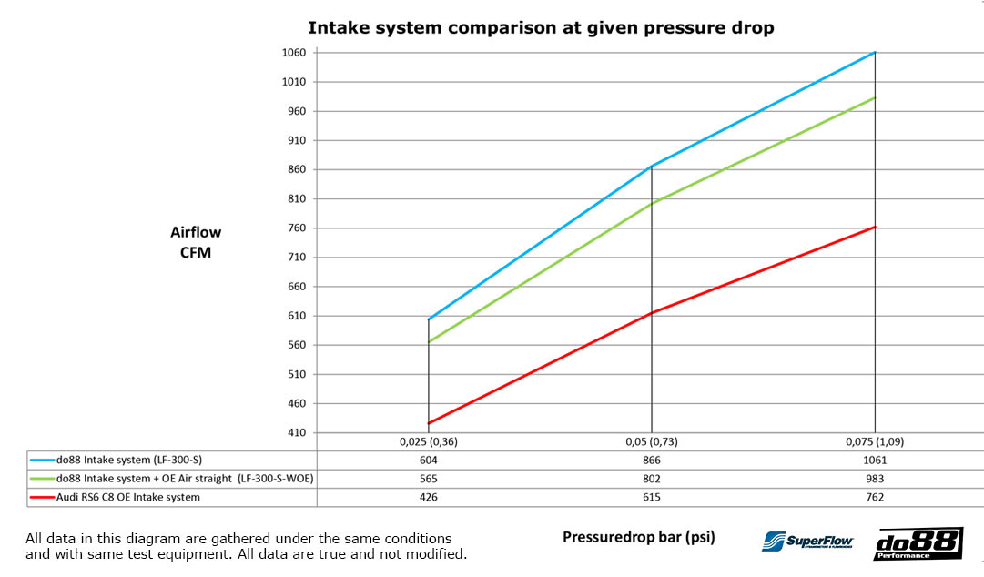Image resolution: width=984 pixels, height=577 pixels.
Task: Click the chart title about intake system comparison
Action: point(541,27)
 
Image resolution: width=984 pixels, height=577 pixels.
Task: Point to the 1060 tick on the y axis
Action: point(294,53)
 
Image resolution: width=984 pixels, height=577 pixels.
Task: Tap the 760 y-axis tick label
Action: point(297,228)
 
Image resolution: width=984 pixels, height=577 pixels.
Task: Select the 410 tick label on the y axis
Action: point(297,432)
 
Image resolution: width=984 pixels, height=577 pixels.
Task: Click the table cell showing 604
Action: point(428,460)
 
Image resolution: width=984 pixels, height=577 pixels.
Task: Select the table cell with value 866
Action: point(651,460)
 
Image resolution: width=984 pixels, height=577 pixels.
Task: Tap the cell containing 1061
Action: point(875,460)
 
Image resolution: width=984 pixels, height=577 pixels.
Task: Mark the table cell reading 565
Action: point(428,479)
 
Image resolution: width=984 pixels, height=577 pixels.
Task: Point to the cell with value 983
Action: point(875,479)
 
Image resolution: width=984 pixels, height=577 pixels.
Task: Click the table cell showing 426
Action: point(428,497)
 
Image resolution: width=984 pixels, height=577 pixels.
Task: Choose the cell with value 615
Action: point(651,497)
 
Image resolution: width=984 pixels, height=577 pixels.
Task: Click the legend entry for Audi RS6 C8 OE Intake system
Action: point(127,497)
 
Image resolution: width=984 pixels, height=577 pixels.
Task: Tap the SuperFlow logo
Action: point(806,541)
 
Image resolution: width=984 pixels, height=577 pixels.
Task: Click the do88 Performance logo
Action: point(918,542)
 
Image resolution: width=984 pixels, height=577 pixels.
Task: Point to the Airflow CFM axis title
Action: point(195,242)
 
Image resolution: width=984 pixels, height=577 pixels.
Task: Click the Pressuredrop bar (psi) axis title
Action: point(638,537)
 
